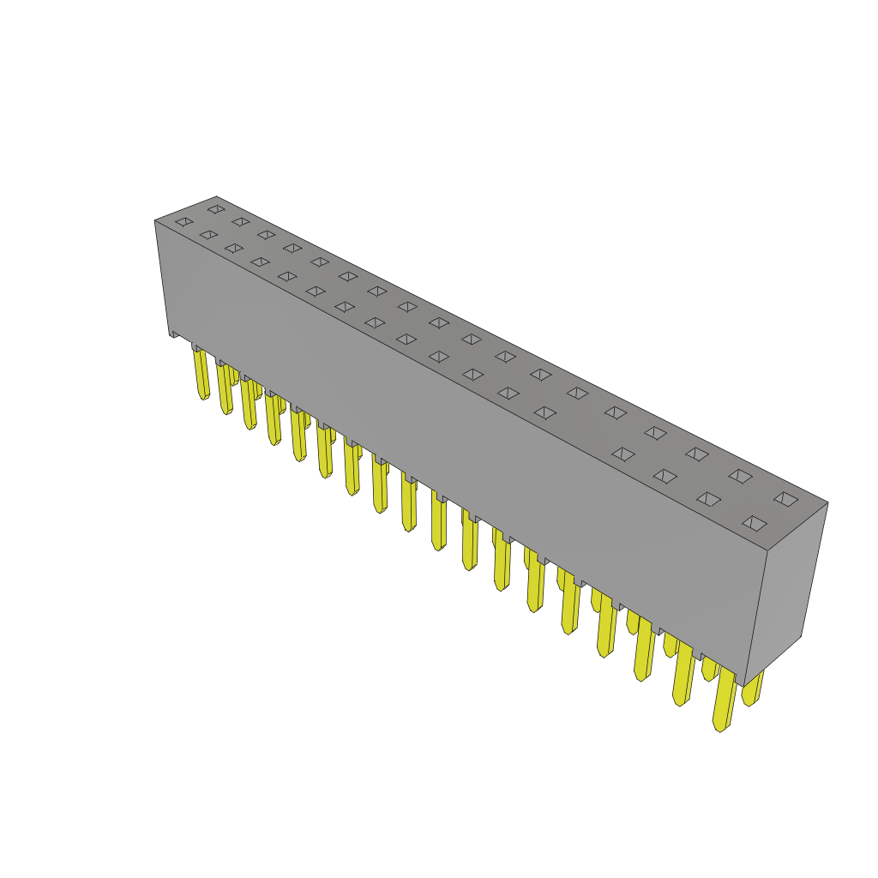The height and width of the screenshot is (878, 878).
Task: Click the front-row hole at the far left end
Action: click(184, 222)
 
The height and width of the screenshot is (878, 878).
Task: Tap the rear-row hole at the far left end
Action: click(216, 209)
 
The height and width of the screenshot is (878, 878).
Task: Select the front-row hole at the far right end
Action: click(755, 523)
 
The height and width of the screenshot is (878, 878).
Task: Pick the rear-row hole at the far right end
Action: click(785, 499)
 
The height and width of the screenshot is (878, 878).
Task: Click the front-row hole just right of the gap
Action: click(623, 454)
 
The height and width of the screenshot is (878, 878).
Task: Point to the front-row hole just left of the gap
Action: click(545, 412)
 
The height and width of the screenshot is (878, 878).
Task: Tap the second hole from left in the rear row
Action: click(241, 221)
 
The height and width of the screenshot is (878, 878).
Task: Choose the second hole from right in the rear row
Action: click(741, 476)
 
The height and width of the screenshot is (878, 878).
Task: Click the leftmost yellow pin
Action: click(201, 374)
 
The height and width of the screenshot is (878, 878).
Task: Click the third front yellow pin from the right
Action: click(644, 652)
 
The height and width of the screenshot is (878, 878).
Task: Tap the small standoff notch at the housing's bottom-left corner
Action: click(175, 334)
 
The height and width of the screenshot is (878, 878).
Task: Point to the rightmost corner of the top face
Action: click(827, 503)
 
